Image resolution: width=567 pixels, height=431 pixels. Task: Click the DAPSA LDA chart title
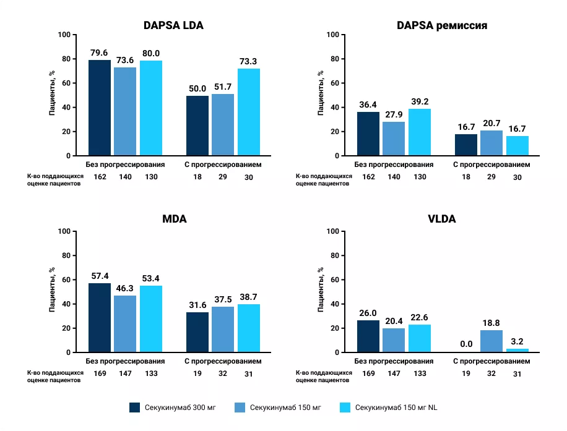173,25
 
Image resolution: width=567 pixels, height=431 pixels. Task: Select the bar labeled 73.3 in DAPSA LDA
249,112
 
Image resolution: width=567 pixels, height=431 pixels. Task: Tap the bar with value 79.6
100,108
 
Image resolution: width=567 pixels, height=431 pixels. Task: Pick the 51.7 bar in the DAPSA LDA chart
223,124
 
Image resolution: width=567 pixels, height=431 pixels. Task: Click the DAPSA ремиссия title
442,25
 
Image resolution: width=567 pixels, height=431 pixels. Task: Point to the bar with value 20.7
491,143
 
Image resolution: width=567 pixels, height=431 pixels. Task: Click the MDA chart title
173,219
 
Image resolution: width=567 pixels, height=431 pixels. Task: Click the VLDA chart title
442,219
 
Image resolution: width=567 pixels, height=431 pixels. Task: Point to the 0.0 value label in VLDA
465,344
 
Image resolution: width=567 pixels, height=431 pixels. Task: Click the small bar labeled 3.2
517,351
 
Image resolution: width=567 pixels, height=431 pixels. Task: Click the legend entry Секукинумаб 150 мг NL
389,408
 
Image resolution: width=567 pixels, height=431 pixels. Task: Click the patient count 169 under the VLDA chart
368,373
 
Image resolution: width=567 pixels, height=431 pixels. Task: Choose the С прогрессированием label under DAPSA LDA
223,165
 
